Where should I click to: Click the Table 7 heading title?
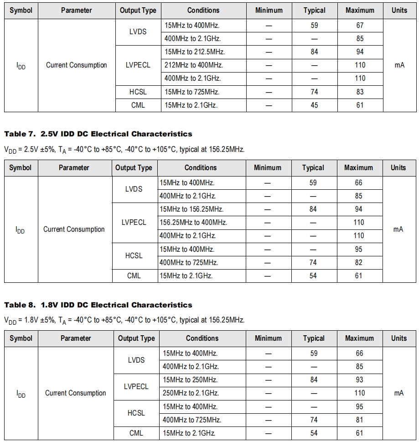98,134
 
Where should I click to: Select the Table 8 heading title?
98,305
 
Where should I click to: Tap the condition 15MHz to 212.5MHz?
195,52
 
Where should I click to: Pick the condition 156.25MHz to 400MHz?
193,223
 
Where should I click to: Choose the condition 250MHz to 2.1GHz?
191,393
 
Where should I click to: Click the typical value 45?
314,105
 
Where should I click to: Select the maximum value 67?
360,26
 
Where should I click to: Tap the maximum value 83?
360,92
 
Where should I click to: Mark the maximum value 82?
359,263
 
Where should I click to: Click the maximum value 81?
359,420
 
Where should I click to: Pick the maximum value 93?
359,380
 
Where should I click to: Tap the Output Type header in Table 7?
134,168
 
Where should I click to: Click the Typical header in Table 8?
314,338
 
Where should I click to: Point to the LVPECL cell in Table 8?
136,386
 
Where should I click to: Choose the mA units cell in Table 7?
398,229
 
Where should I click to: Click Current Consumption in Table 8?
76,393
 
